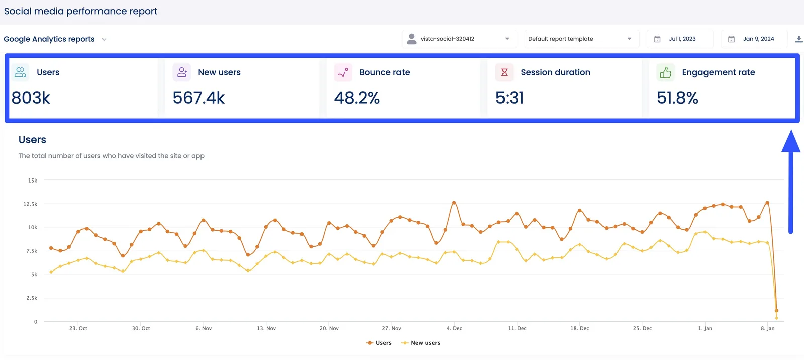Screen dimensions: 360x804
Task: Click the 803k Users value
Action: (x=31, y=98)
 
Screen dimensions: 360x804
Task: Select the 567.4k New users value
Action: (x=198, y=98)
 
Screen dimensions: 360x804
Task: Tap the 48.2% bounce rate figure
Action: (x=357, y=98)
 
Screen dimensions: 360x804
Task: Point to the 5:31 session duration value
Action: (x=510, y=98)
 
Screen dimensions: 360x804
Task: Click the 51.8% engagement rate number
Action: (x=677, y=98)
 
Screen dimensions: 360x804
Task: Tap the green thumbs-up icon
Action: (x=665, y=73)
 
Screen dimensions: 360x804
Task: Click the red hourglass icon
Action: (x=504, y=73)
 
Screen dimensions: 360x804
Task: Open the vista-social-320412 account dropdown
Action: (x=459, y=39)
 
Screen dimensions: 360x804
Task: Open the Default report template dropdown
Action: (x=580, y=39)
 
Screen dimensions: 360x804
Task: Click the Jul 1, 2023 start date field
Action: (x=681, y=39)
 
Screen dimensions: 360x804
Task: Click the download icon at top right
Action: (x=798, y=39)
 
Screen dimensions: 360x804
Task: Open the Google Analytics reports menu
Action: (x=55, y=39)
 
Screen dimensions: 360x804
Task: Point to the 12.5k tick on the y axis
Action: (x=30, y=204)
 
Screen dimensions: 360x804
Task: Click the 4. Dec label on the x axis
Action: (x=454, y=328)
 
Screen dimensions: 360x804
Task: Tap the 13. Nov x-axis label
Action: (x=266, y=328)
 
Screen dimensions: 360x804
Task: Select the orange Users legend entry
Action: (x=379, y=343)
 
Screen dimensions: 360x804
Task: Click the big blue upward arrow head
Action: (x=790, y=142)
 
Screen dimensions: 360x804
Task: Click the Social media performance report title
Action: (x=80, y=11)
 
